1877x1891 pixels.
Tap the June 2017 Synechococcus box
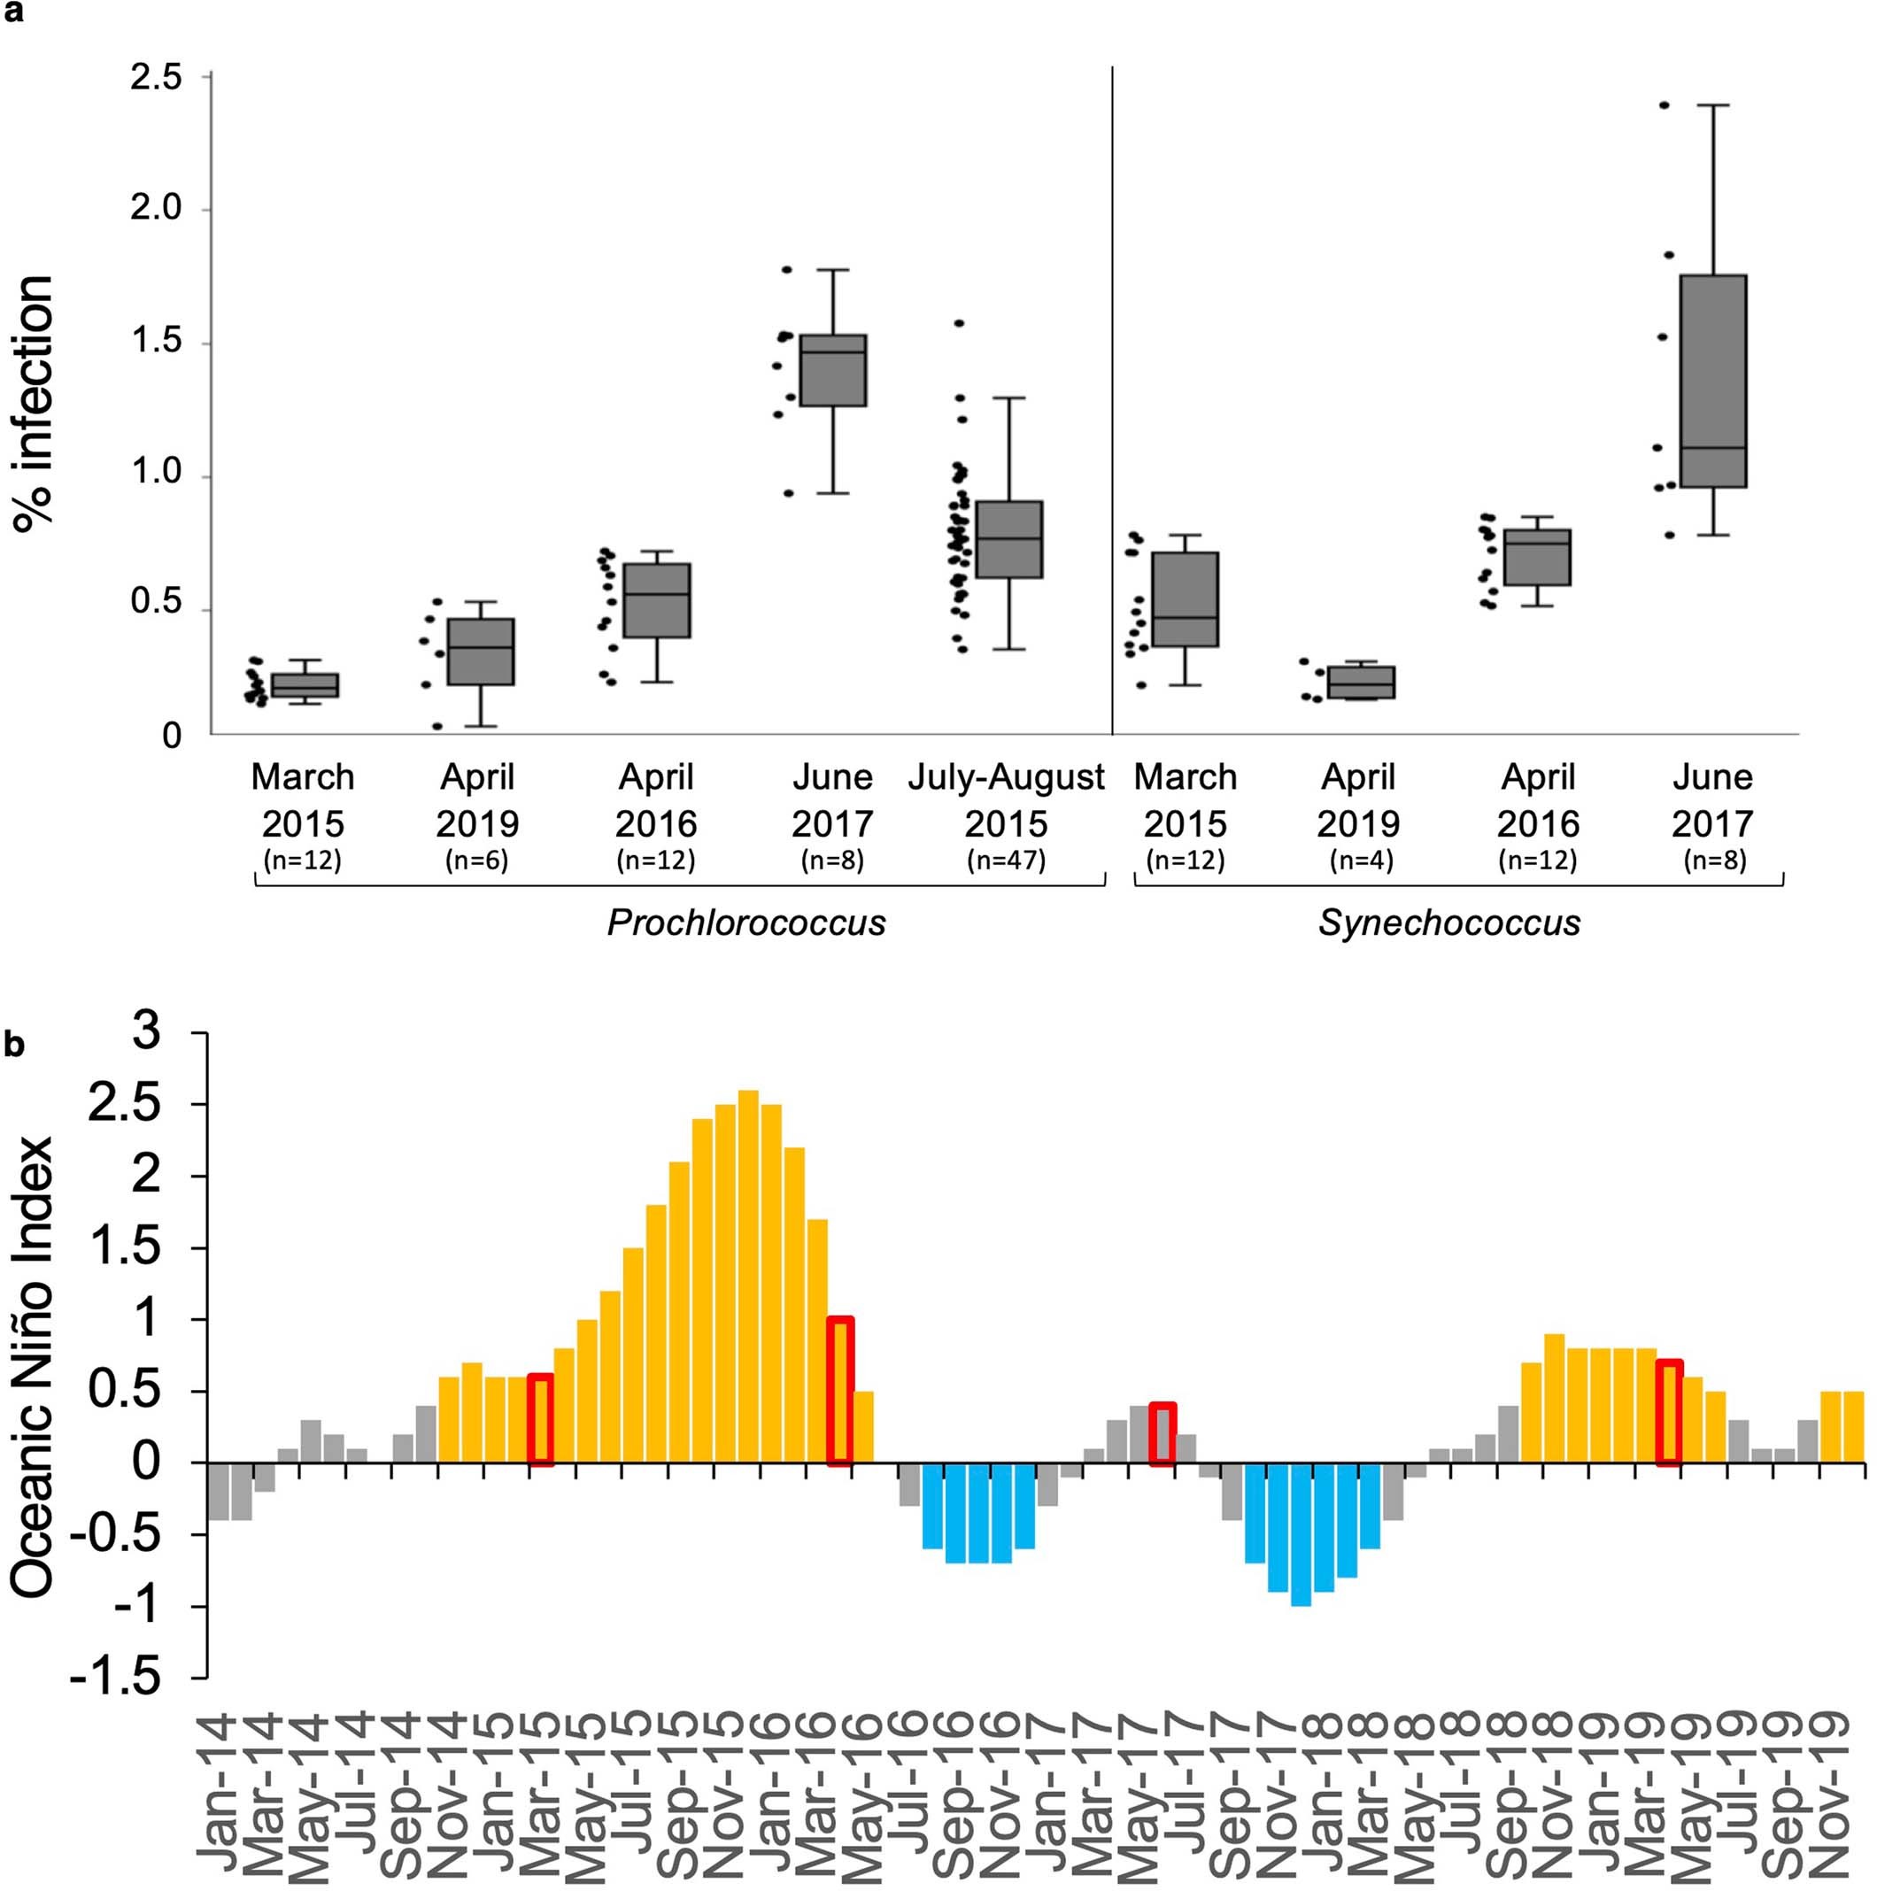click(x=1712, y=381)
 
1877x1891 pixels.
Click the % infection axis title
click(x=36, y=404)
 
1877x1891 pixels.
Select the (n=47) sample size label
click(x=1006, y=861)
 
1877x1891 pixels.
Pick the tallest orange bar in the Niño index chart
click(x=749, y=1277)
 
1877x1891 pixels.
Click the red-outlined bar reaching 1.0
click(x=840, y=1391)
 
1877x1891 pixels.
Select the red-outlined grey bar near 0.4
click(x=1162, y=1434)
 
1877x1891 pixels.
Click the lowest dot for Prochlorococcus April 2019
click(x=437, y=726)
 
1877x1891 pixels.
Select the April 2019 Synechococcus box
click(x=1360, y=683)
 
